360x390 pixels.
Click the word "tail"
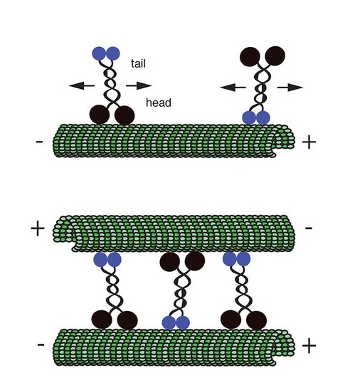(138, 63)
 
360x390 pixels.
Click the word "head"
(159, 102)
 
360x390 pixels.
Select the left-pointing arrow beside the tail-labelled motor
(82, 86)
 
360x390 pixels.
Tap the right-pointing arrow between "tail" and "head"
(139, 86)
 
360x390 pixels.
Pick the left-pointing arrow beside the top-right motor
(233, 88)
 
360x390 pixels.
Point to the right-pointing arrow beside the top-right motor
(290, 88)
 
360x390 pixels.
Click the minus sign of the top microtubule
(40, 142)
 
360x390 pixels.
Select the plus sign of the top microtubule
(309, 142)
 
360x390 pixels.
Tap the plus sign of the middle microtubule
(38, 228)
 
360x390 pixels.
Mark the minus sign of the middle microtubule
(309, 228)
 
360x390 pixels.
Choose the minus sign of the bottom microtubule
(41, 344)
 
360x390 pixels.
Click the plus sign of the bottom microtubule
(309, 346)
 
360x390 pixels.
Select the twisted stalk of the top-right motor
(260, 87)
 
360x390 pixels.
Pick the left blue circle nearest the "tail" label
(99, 53)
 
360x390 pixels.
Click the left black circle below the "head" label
(100, 115)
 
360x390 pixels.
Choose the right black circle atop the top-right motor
(275, 56)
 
